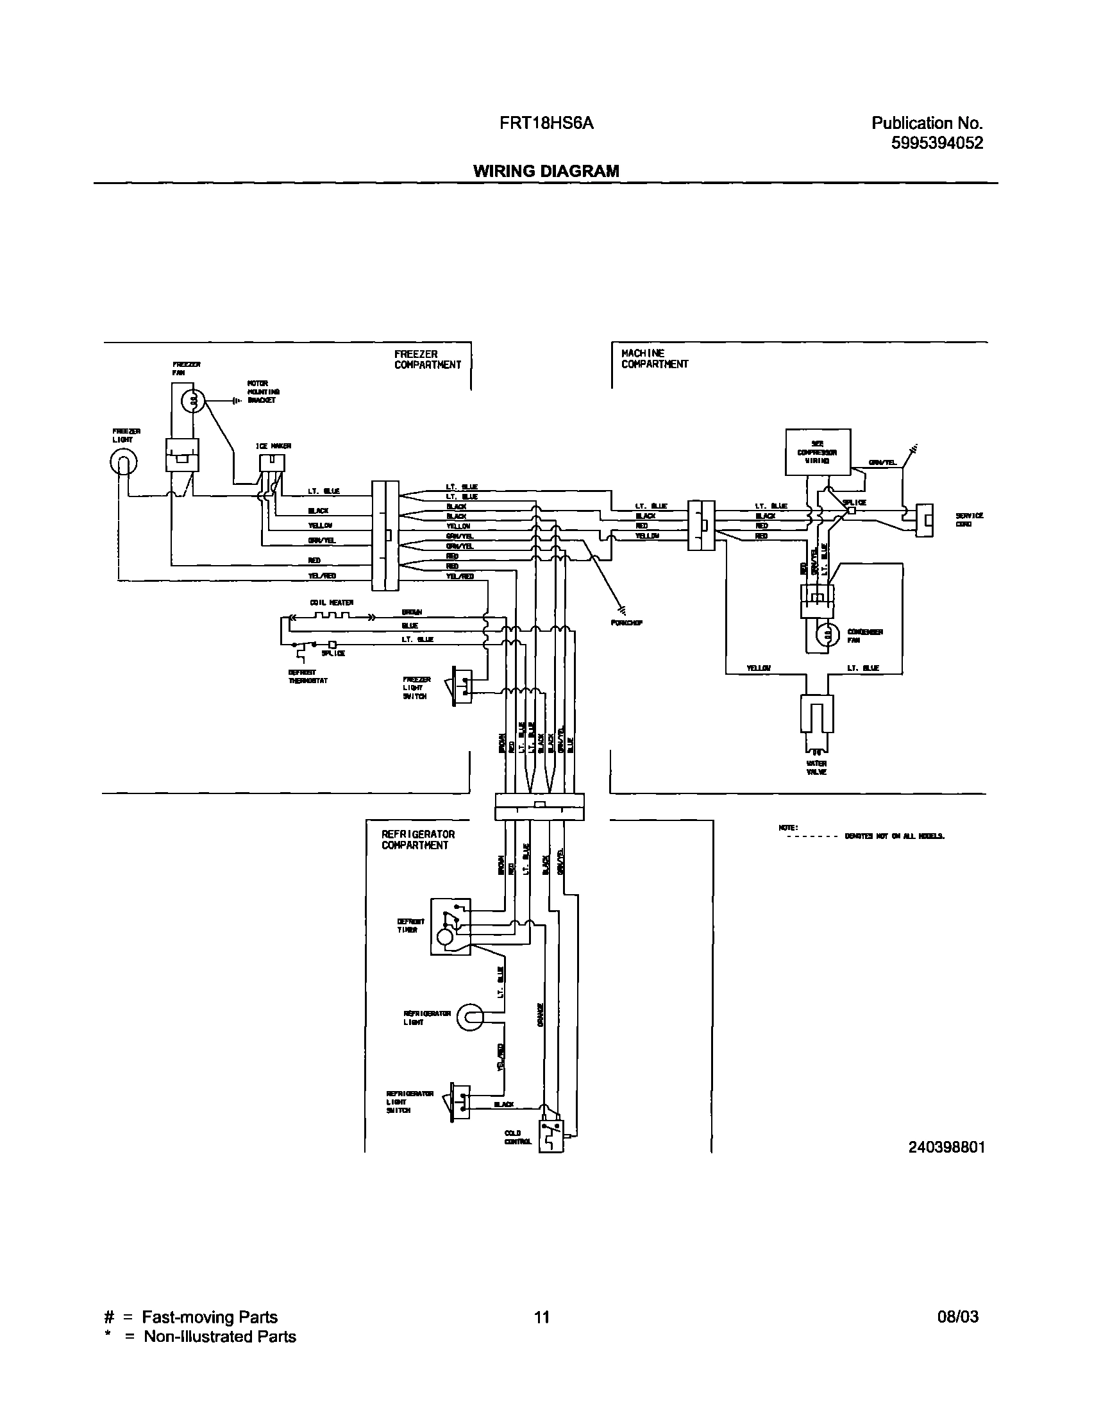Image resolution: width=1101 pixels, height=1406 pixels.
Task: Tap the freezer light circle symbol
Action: coord(124,462)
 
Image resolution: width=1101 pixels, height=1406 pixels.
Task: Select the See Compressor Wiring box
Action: coord(817,453)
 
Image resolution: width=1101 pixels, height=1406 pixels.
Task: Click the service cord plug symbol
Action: coord(925,520)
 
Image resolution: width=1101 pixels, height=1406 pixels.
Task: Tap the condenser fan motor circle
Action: coord(825,636)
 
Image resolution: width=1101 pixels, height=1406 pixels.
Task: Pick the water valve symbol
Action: coord(816,722)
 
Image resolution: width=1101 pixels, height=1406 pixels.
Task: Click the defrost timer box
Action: coord(451,927)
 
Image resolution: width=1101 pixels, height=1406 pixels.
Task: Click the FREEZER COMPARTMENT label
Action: coord(427,359)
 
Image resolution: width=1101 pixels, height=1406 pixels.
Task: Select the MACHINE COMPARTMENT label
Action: coord(653,359)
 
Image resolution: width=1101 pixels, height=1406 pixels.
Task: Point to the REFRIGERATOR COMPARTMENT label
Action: coord(417,840)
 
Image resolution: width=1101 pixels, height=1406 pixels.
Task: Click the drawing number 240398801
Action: coord(946,1147)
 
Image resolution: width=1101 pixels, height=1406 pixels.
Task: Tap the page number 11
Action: coord(541,1316)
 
